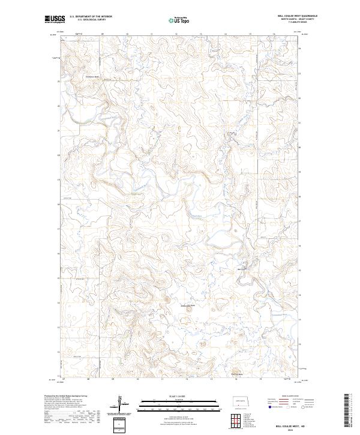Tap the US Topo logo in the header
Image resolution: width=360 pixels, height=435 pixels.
pos(179,20)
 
